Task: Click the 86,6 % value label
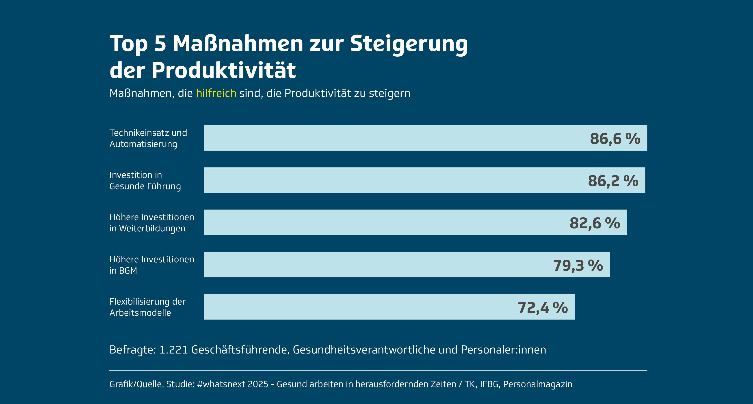(615, 138)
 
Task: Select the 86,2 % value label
(613, 181)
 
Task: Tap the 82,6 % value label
(595, 223)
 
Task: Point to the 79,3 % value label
(578, 265)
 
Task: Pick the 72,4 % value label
(543, 307)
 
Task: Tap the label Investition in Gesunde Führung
(145, 180)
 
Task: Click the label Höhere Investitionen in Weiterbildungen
(152, 222)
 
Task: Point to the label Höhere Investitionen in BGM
(152, 265)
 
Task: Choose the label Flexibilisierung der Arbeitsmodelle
(147, 307)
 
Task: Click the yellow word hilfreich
(216, 93)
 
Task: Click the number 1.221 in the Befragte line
(173, 349)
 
